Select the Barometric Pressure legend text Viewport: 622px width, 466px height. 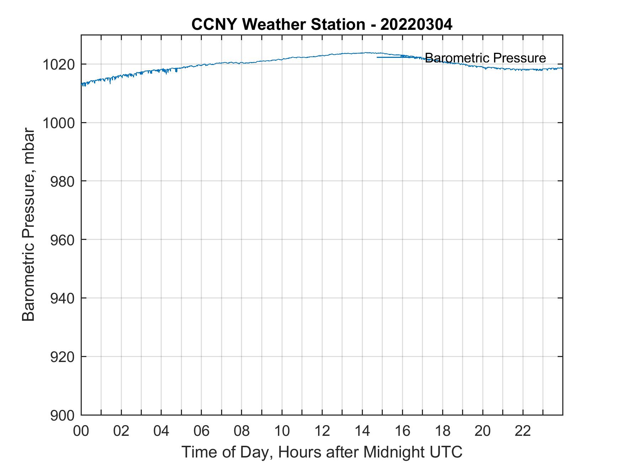coord(485,58)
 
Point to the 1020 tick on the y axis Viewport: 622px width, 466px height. coord(59,65)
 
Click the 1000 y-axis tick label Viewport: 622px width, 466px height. coord(59,123)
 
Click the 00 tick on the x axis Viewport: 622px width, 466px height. coord(81,431)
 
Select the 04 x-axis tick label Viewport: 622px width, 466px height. coord(161,431)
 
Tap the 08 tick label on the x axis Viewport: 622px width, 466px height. coord(242,431)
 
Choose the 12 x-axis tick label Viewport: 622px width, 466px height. coord(322,431)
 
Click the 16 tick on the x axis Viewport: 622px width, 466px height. coord(402,431)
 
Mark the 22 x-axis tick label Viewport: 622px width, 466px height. coord(523,431)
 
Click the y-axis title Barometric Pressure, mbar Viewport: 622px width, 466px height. coord(28,225)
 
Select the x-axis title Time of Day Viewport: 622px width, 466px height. coord(322,452)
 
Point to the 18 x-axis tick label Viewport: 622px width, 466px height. coord(443,431)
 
